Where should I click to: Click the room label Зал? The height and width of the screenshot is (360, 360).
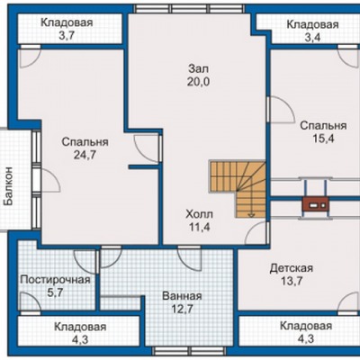click(x=198, y=69)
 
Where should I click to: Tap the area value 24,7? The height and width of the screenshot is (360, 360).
click(x=85, y=155)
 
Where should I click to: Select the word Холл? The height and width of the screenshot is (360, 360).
click(x=200, y=214)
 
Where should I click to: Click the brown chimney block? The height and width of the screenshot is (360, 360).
click(x=315, y=205)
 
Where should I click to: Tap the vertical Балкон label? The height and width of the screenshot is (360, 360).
click(x=9, y=186)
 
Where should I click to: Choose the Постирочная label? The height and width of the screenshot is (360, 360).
click(x=55, y=280)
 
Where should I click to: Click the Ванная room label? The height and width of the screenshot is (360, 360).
click(x=182, y=296)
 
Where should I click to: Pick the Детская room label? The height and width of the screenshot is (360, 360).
click(x=292, y=268)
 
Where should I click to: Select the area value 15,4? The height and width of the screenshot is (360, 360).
click(x=324, y=139)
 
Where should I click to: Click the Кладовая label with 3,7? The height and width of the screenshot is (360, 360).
click(x=67, y=22)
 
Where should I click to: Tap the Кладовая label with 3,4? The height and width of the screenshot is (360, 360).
click(x=313, y=24)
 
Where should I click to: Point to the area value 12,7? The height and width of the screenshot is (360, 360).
click(x=182, y=309)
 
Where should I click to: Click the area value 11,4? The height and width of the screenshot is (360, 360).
click(x=200, y=228)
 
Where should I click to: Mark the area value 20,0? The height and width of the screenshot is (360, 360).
click(x=199, y=82)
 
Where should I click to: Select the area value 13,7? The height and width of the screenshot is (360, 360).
click(x=292, y=281)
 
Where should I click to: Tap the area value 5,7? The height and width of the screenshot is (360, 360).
click(x=55, y=292)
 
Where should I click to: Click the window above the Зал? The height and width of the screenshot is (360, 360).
click(x=190, y=9)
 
